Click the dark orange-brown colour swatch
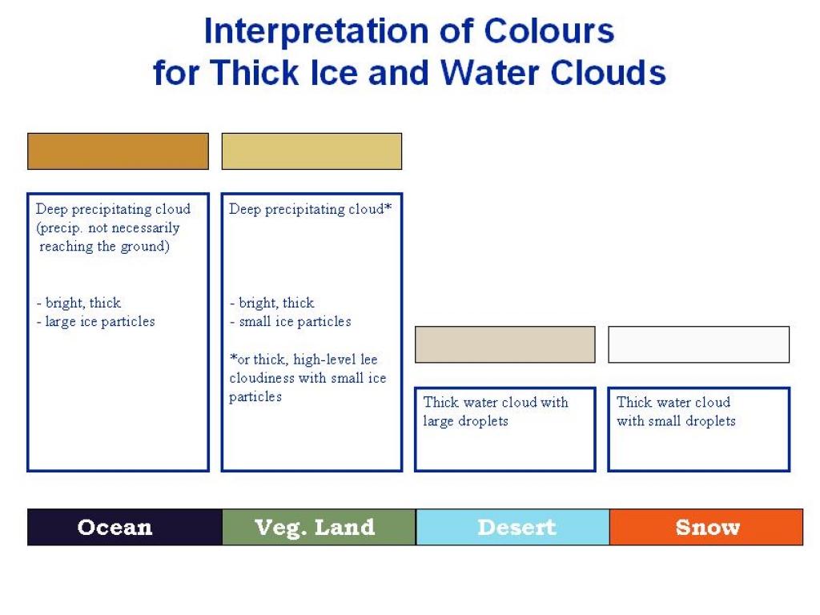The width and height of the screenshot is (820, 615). pyautogui.click(x=119, y=151)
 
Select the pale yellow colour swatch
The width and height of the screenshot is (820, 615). pyautogui.click(x=312, y=151)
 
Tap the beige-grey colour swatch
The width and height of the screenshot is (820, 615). pyautogui.click(x=505, y=344)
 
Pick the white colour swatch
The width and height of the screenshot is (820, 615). pyautogui.click(x=698, y=344)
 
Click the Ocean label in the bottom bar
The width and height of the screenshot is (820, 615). pyautogui.click(x=115, y=527)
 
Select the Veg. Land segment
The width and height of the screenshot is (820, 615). pyautogui.click(x=319, y=527)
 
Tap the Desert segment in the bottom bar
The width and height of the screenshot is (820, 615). pyautogui.click(x=513, y=527)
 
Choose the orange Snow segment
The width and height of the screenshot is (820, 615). pyautogui.click(x=706, y=527)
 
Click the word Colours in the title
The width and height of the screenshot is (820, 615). pyautogui.click(x=549, y=31)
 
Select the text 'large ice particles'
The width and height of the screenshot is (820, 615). pyautogui.click(x=100, y=322)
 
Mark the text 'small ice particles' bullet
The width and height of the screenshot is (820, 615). pyautogui.click(x=295, y=322)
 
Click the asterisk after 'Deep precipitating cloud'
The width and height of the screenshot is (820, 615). pyautogui.click(x=388, y=207)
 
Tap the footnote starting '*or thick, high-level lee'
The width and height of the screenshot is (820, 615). pyautogui.click(x=307, y=378)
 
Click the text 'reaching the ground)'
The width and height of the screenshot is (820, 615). pyautogui.click(x=105, y=247)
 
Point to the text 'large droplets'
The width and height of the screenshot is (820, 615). pyautogui.click(x=465, y=421)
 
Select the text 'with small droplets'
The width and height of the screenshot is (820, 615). pyautogui.click(x=676, y=421)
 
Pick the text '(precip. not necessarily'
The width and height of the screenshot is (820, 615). pyautogui.click(x=108, y=228)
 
